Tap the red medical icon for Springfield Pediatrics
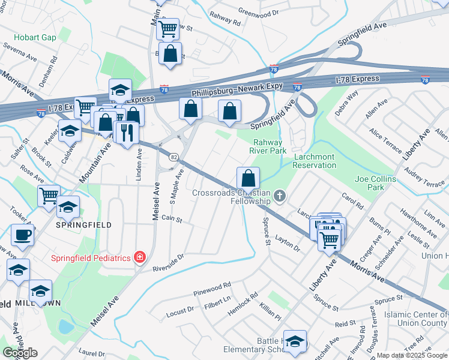139,257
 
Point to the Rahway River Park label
270,146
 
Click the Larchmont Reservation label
314,161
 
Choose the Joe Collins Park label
375,183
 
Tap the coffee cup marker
22,235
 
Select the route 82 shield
173,156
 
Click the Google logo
20,353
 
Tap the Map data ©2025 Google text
412,355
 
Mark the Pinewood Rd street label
212,289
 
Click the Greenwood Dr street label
259,11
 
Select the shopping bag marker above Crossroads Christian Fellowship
248,178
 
